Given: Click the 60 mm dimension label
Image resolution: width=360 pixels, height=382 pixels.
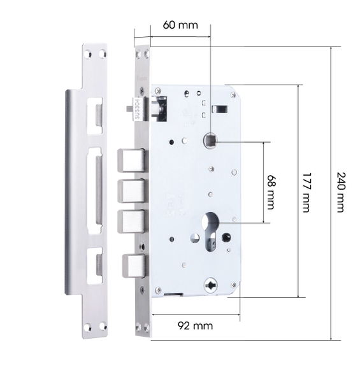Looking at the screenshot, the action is pyautogui.click(x=180, y=25).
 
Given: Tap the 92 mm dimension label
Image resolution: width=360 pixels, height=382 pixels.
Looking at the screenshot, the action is pyautogui.click(x=195, y=325).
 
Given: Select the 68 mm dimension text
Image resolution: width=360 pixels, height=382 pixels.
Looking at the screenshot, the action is pyautogui.click(x=271, y=192).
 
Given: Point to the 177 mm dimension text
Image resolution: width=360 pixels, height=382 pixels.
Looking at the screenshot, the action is pyautogui.click(x=306, y=192).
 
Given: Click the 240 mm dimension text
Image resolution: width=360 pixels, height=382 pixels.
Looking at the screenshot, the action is pyautogui.click(x=341, y=192).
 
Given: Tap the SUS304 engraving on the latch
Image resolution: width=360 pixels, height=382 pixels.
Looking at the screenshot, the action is pyautogui.click(x=137, y=109).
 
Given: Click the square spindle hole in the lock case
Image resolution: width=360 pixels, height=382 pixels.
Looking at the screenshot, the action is pyautogui.click(x=210, y=141).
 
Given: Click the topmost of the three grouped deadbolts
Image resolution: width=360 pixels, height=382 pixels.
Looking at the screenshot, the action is pyautogui.click(x=132, y=160).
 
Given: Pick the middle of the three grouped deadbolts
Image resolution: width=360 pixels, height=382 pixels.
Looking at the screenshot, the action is pyautogui.click(x=132, y=191).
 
